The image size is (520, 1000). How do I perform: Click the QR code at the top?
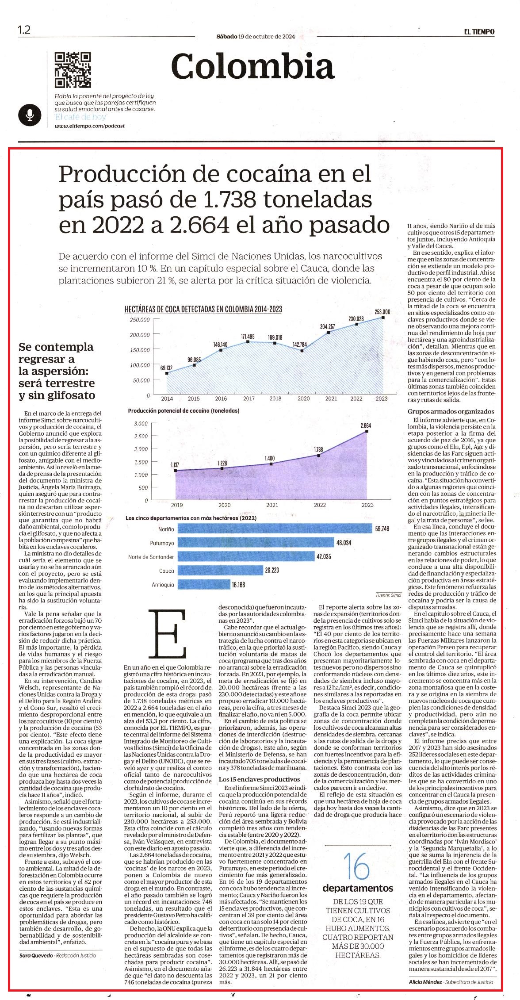pyautogui.click(x=73, y=70)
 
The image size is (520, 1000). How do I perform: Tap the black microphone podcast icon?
pyautogui.click(x=30, y=115)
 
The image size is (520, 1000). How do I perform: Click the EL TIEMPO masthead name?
pyautogui.click(x=479, y=31)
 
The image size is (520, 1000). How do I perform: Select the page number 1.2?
pyautogui.click(x=24, y=30)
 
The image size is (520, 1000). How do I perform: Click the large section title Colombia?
pyautogui.click(x=253, y=66)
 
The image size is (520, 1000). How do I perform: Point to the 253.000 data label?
pyautogui.click(x=382, y=311)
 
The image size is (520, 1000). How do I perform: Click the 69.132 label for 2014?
pyautogui.click(x=166, y=368)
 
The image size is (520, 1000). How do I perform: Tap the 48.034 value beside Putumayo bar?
pyautogui.click(x=344, y=542)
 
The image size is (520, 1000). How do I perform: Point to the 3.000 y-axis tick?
pyautogui.click(x=141, y=424)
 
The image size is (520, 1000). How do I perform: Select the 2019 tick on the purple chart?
pyautogui.click(x=176, y=505)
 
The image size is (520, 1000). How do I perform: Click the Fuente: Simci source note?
pyautogui.click(x=389, y=595)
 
